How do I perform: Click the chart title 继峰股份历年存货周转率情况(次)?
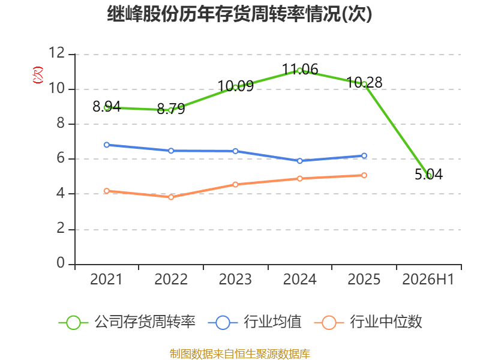[x=239, y=14]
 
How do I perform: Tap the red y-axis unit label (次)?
[x=38, y=74]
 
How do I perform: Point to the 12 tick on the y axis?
[x=57, y=53]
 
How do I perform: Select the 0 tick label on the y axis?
[x=61, y=263]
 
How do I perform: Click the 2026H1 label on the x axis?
[x=428, y=279]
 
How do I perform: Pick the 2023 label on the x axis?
[x=235, y=279]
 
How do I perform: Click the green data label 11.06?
[x=299, y=70]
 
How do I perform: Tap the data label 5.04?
[x=428, y=174]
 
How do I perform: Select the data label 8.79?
[x=171, y=109]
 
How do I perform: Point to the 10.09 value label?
[x=235, y=86]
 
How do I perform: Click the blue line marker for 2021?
[x=107, y=145]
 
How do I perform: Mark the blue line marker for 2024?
[x=299, y=161]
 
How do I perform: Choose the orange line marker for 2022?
[x=171, y=197]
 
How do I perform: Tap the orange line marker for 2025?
[x=364, y=175]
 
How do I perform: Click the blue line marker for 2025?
[x=364, y=156]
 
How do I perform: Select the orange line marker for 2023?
[x=235, y=185]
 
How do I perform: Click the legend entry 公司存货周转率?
[x=127, y=322]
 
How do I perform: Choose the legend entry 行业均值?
[x=254, y=322]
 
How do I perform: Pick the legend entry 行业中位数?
[x=368, y=322]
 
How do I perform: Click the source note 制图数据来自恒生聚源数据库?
[x=239, y=353]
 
